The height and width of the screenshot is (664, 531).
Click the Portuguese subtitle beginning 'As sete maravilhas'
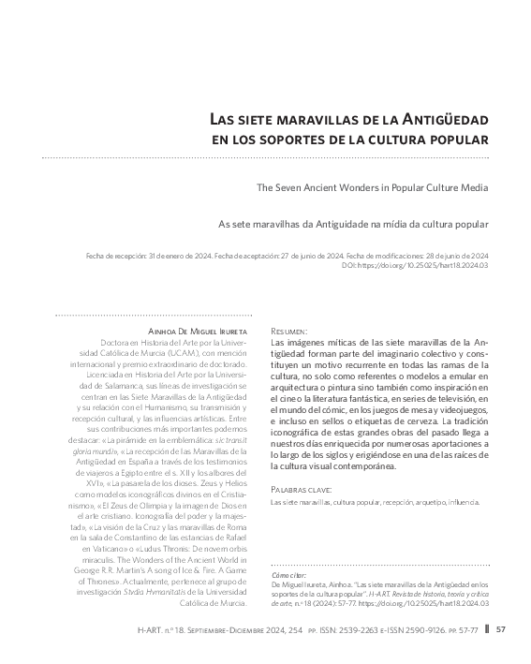pyautogui.click(x=353, y=225)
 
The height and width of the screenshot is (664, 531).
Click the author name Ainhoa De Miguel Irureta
pyautogui.click(x=199, y=332)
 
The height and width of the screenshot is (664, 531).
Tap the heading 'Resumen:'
pyautogui.click(x=288, y=332)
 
